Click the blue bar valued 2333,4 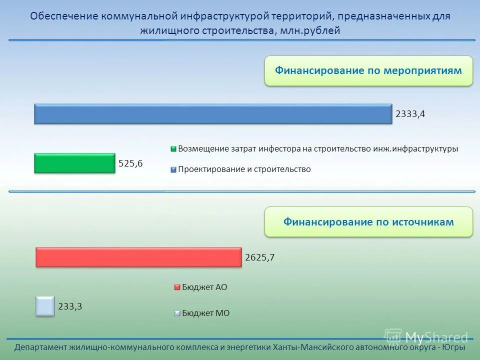click(x=213, y=114)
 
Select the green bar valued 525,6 click(x=74, y=163)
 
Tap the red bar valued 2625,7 click(x=138, y=257)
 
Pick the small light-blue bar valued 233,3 click(x=45, y=306)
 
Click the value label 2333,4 click(x=410, y=114)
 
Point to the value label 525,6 click(x=130, y=163)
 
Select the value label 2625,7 click(x=260, y=257)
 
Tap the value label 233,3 click(x=70, y=306)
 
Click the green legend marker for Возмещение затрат click(x=173, y=149)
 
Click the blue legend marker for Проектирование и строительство click(x=173, y=169)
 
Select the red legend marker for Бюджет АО click(x=176, y=287)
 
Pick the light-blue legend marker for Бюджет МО click(x=176, y=313)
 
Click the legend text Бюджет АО click(x=204, y=287)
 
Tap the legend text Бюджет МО click(x=205, y=313)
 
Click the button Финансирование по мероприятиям click(x=368, y=70)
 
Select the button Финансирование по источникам click(x=368, y=221)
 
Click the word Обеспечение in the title click(x=64, y=16)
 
